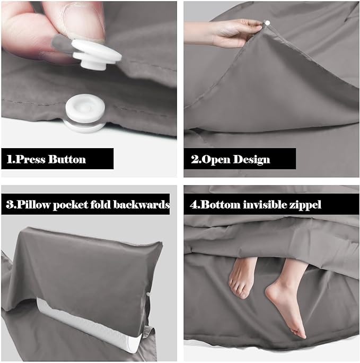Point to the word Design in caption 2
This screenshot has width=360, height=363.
coord(252,159)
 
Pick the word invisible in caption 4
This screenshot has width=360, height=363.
coord(262,204)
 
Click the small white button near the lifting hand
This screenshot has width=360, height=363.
coord(267,23)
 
